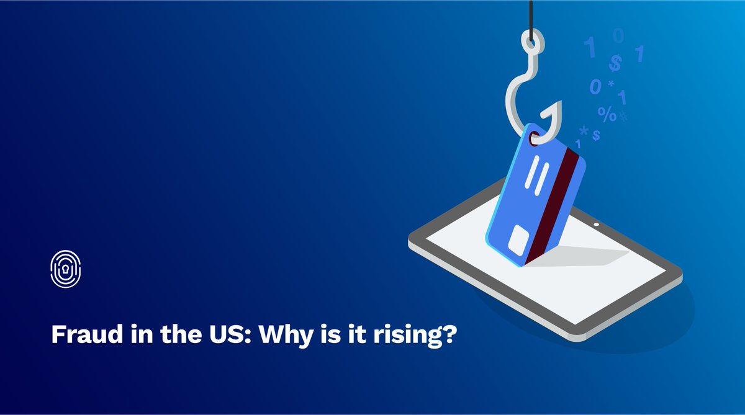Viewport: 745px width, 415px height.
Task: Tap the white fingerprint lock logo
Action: pos(65,269)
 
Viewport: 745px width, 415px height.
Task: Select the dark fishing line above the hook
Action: pos(531,16)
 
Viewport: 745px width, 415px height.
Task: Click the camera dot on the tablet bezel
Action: pos(597,224)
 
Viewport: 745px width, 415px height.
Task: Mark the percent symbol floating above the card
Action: pos(607,113)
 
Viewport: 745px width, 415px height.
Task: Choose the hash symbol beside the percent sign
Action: pos(623,115)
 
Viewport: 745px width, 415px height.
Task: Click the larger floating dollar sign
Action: pos(615,63)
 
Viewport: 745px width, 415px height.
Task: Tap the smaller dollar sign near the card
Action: pos(596,135)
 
